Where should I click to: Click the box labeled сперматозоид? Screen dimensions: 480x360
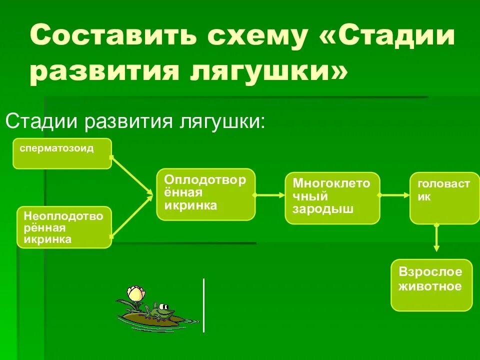pyautogui.click(x=62, y=153)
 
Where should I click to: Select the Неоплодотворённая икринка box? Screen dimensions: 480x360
pyautogui.click(x=64, y=227)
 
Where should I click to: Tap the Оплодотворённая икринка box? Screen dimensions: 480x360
pyautogui.click(x=205, y=194)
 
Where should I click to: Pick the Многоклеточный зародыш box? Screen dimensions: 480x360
pyautogui.click(x=332, y=197)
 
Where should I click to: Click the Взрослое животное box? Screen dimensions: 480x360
pyautogui.click(x=431, y=284)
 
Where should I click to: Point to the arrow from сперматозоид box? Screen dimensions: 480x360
pyautogui.click(x=132, y=175)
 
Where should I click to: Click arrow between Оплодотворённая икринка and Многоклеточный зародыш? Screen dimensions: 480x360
pyautogui.click(x=270, y=195)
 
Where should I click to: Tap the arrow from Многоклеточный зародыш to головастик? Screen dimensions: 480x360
pyautogui.click(x=395, y=195)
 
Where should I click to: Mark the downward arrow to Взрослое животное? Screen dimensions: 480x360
pyautogui.click(x=436, y=238)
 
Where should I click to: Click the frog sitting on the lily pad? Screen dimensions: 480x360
pyautogui.click(x=161, y=312)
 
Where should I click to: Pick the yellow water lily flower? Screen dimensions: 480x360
pyautogui.click(x=135, y=293)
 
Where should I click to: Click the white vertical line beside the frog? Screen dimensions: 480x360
pyautogui.click(x=203, y=305)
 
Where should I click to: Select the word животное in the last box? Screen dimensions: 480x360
pyautogui.click(x=430, y=286)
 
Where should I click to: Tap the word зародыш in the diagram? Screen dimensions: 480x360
pyautogui.click(x=323, y=209)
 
